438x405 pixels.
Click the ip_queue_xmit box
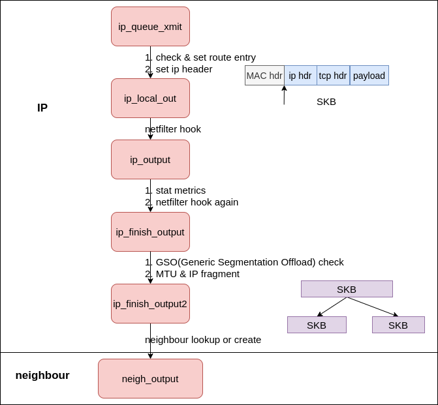(x=150, y=27)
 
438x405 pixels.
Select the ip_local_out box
(x=150, y=98)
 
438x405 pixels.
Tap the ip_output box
(x=150, y=160)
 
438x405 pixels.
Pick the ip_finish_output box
(x=150, y=232)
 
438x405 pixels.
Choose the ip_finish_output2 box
(x=150, y=304)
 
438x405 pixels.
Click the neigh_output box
(x=150, y=379)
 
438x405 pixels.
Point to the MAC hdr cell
(x=264, y=76)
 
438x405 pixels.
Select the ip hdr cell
(x=300, y=76)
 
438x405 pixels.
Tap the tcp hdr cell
(x=333, y=76)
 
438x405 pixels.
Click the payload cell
(x=369, y=76)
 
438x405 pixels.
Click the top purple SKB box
(x=347, y=289)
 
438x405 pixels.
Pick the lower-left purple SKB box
(x=317, y=325)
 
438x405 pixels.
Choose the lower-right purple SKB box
(x=398, y=325)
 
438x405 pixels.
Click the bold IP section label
(x=42, y=108)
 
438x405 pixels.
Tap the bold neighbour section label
(x=42, y=376)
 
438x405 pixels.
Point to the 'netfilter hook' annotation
(x=173, y=129)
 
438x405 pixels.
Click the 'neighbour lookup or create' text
(x=203, y=340)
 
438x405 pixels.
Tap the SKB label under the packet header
(x=326, y=102)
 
